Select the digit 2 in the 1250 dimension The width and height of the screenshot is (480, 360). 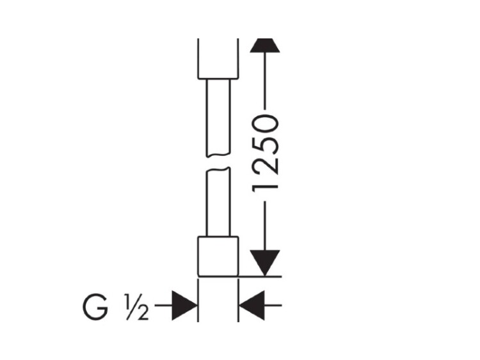[265, 166]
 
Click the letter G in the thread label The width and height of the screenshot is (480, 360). [95, 307]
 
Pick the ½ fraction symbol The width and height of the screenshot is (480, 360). [136, 307]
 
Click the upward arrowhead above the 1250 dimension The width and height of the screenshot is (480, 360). [265, 45]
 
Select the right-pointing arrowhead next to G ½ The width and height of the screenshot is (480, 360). [184, 305]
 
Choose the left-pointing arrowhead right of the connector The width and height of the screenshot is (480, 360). [252, 305]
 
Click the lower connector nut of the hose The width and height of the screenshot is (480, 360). [218, 256]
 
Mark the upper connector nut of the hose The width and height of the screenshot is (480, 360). [218, 59]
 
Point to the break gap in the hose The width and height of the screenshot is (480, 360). [218, 162]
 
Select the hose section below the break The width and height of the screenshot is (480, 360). [218, 203]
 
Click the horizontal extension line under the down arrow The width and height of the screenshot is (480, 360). [260, 276]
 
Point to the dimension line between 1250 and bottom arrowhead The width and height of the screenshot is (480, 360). [265, 226]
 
